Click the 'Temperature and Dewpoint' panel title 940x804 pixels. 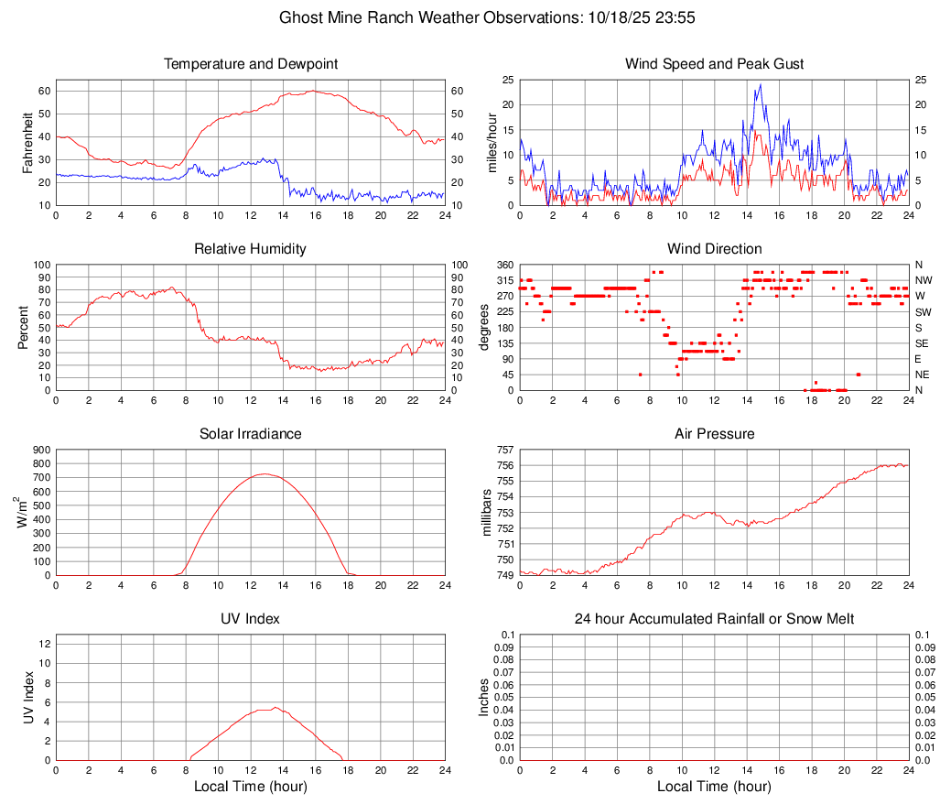251,64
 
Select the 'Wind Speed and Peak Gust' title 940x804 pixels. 714,64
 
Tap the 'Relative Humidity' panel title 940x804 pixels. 251,249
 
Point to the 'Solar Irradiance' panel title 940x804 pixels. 251,433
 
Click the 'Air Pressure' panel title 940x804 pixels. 714,433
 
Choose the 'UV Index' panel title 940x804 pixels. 251,619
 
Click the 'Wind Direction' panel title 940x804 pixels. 714,249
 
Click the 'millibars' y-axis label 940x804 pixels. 486,513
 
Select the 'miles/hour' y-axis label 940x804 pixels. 491,142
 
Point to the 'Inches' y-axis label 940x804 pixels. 486,697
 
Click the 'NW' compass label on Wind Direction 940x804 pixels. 923,280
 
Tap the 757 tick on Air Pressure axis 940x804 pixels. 504,450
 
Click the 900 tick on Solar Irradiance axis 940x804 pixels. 41,450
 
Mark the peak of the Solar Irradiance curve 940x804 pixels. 265,473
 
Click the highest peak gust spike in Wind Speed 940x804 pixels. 760,85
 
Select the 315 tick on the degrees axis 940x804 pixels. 504,280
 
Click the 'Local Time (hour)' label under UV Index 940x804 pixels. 251,787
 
